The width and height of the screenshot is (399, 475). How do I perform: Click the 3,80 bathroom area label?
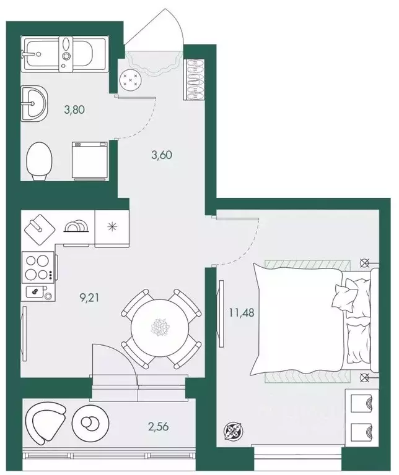[x=74, y=109]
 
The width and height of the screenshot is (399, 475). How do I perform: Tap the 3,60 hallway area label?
[x=162, y=155]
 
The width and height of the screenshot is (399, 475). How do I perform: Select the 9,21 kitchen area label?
[x=89, y=298]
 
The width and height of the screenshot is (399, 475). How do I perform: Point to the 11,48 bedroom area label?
[x=242, y=312]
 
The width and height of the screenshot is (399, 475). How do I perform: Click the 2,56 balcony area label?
[x=158, y=427]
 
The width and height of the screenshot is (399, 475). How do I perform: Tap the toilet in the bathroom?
[x=40, y=161]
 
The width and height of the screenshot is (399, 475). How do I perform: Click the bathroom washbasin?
[x=34, y=103]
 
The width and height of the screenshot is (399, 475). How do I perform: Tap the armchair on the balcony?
[x=45, y=422]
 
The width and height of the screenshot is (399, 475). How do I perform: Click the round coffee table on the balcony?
[x=91, y=422]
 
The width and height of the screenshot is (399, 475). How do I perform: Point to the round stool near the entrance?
[x=131, y=80]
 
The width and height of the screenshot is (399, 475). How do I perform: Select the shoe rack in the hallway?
[x=194, y=79]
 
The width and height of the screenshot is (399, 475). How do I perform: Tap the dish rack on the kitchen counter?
[x=76, y=226]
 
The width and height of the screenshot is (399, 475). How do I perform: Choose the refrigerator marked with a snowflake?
[x=112, y=226]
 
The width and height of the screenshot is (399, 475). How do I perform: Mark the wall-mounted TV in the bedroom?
[x=222, y=314]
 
